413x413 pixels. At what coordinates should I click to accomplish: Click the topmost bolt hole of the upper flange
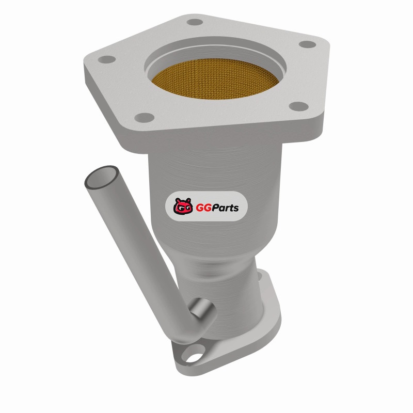click(195, 22)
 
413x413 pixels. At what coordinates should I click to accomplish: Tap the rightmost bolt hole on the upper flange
click(307, 44)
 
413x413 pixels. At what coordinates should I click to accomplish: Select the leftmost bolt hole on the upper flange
click(107, 59)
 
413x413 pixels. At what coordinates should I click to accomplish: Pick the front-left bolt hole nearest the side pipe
click(144, 118)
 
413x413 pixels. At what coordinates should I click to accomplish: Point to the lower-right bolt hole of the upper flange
click(298, 106)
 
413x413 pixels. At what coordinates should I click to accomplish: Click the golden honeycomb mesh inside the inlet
click(215, 79)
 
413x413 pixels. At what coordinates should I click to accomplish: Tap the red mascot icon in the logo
click(183, 206)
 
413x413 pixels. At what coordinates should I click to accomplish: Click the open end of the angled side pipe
click(101, 177)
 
